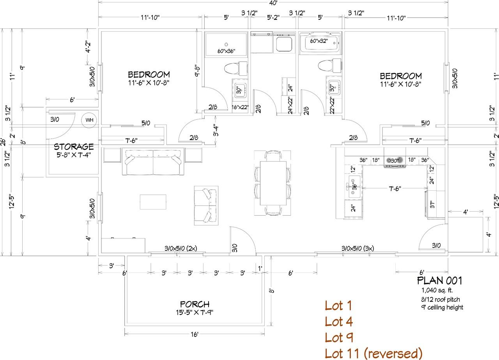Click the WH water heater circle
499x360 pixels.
(89, 120)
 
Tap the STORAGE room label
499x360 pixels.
(74, 147)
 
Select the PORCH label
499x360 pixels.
(195, 304)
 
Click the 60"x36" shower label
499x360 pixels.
(226, 51)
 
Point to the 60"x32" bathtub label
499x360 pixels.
(319, 41)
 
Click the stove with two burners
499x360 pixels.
(395, 160)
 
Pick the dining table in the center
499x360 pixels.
(273, 183)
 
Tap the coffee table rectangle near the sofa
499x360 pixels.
(153, 202)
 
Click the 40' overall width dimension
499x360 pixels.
(273, 3)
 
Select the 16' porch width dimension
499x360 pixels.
(194, 334)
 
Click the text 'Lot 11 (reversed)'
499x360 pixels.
(373, 353)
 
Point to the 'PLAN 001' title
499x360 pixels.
(439, 281)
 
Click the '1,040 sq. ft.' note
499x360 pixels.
(437, 291)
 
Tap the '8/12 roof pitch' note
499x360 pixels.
(441, 299)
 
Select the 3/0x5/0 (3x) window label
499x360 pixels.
(358, 248)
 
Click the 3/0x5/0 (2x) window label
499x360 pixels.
(180, 248)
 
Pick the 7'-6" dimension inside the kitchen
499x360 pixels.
(395, 189)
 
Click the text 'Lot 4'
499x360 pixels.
(339, 322)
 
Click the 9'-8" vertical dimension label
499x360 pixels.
(197, 71)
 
